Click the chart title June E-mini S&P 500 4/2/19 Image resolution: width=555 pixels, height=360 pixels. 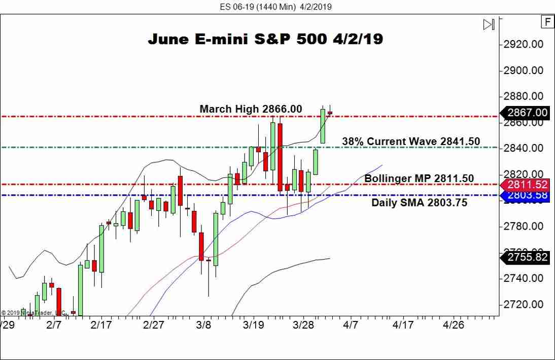(265, 39)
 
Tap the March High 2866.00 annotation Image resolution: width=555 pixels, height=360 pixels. (251, 109)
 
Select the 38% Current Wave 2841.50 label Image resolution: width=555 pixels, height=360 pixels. (411, 141)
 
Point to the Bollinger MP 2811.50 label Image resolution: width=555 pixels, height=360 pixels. (419, 178)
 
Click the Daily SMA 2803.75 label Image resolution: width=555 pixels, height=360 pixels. (420, 203)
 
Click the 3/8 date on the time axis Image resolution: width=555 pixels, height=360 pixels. (203, 325)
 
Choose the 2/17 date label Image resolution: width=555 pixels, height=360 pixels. (101, 325)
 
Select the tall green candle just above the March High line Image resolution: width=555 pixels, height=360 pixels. (323, 126)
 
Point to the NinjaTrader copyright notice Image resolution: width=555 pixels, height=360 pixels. (33, 313)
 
